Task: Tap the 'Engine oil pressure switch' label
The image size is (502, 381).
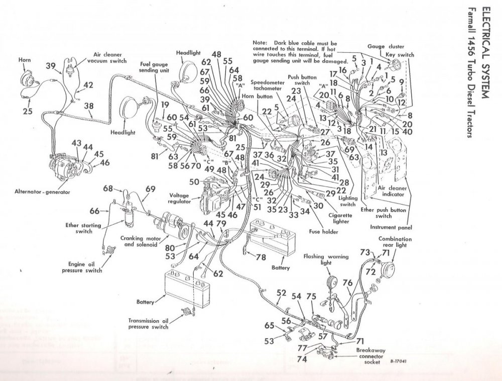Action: [85, 267]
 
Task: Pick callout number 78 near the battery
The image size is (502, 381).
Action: [260, 257]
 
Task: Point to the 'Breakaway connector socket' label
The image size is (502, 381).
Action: [371, 355]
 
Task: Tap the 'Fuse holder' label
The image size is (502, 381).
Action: [324, 232]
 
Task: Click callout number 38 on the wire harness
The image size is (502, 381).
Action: [89, 106]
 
